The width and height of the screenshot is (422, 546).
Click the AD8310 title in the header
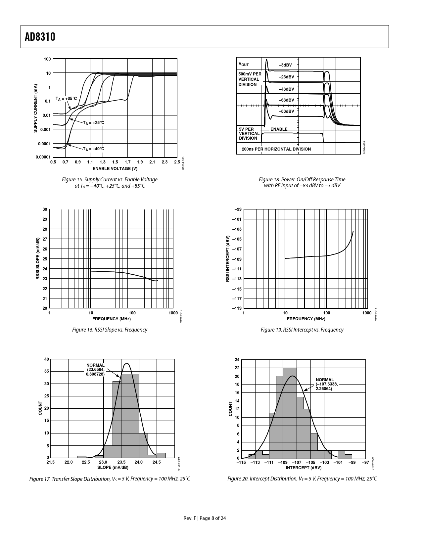pyautogui.click(x=40, y=37)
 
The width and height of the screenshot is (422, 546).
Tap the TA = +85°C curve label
pyautogui.click(x=66, y=99)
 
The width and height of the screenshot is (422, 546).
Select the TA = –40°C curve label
pyautogui.click(x=93, y=149)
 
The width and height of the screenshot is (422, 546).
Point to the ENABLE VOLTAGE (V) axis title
pyautogui.click(x=115, y=169)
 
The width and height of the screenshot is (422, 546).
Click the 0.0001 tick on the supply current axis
pyautogui.click(x=44, y=144)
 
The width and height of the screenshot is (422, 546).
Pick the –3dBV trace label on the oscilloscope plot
pyautogui.click(x=285, y=65)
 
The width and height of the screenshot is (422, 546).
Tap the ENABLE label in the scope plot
pyautogui.click(x=279, y=129)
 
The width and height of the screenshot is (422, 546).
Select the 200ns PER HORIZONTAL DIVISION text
pyautogui.click(x=276, y=149)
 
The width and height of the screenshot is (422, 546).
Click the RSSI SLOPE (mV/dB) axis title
pyautogui.click(x=38, y=259)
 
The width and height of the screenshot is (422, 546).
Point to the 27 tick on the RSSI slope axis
pyautogui.click(x=45, y=239)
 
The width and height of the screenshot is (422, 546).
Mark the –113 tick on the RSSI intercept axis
pyautogui.click(x=237, y=279)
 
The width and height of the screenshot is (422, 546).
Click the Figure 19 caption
pyautogui.click(x=302, y=330)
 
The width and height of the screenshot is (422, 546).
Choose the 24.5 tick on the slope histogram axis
pyautogui.click(x=157, y=462)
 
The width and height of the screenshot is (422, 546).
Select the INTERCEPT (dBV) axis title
pyautogui.click(x=304, y=468)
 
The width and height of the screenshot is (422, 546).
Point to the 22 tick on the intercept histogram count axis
pyautogui.click(x=237, y=368)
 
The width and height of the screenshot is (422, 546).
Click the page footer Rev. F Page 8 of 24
pyautogui.click(x=205, y=518)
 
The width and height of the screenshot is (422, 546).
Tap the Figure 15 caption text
pyautogui.click(x=110, y=182)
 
